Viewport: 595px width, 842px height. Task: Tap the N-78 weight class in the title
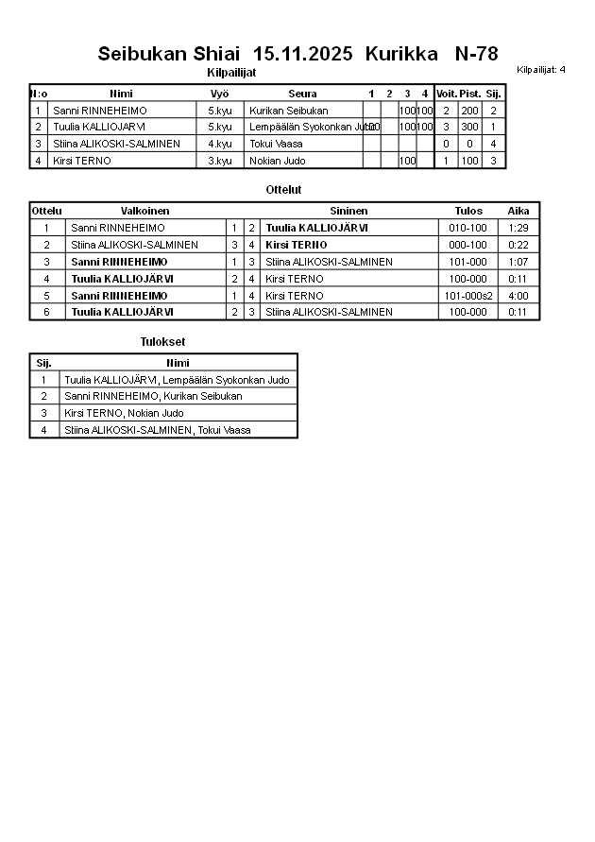(476, 53)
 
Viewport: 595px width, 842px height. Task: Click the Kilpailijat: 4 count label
(541, 70)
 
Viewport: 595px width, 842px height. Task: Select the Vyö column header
(219, 94)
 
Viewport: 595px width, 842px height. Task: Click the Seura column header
(302, 94)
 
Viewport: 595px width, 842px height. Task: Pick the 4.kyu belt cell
(219, 144)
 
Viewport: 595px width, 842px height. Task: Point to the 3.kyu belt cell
(219, 161)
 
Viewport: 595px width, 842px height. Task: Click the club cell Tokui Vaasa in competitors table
(276, 144)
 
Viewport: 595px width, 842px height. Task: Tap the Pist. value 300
(469, 127)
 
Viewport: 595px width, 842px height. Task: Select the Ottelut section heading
(283, 190)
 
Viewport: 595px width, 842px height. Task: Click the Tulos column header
(467, 211)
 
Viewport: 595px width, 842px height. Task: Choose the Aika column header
(518, 211)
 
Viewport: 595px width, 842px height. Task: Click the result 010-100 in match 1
(467, 228)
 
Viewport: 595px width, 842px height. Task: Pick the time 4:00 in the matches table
(518, 296)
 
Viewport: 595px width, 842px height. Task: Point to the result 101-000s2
(468, 296)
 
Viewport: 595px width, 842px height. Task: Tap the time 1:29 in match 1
(518, 228)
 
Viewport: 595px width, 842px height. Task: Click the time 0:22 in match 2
(518, 245)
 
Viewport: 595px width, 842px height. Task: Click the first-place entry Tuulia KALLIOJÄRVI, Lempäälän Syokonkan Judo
(177, 380)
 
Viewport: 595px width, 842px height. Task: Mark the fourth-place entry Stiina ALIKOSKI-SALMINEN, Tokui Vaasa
(157, 430)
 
